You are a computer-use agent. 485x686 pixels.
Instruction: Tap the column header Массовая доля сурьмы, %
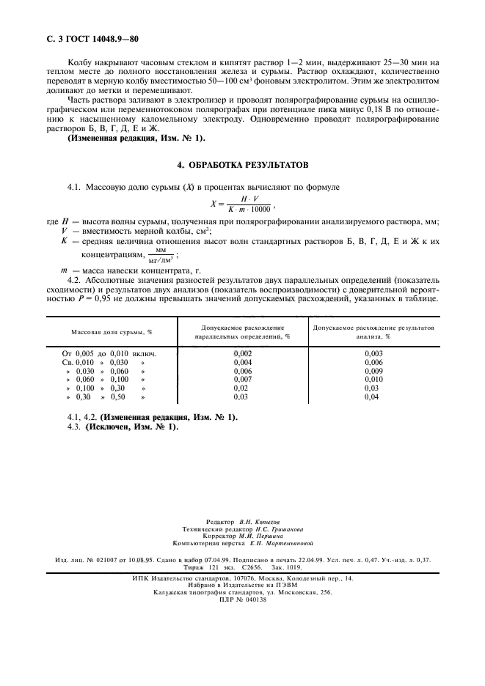(x=112, y=331)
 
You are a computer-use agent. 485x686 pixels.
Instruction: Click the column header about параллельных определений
(x=241, y=331)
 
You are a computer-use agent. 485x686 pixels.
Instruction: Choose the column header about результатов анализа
(x=373, y=331)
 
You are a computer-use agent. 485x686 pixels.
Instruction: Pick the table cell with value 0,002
(x=242, y=354)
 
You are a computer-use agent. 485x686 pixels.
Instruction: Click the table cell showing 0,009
(x=373, y=371)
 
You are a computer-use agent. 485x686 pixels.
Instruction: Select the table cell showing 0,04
(x=373, y=397)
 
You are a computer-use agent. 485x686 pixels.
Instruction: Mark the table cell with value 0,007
(x=242, y=380)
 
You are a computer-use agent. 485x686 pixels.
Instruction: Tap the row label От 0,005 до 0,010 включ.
(x=110, y=354)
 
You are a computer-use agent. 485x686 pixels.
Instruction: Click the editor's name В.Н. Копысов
(x=261, y=521)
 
